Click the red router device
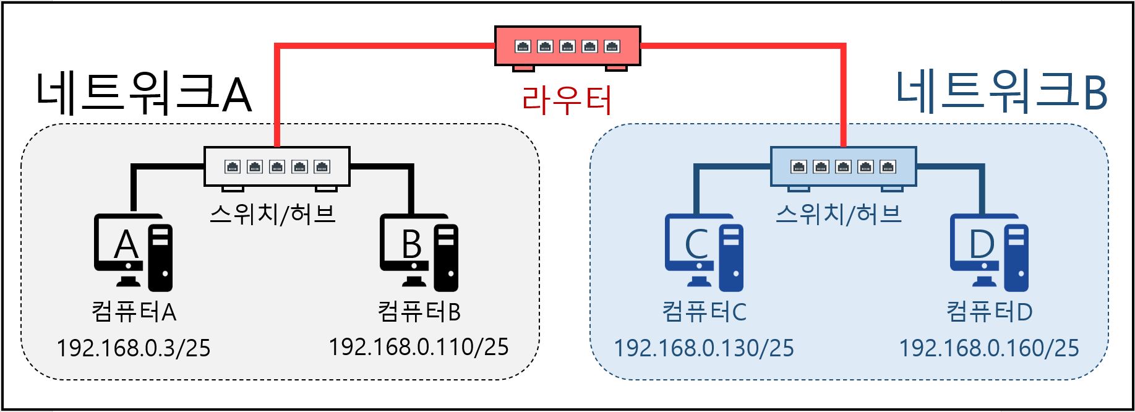coord(567,46)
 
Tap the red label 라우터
coord(567,100)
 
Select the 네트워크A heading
coord(143,93)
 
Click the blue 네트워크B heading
coord(1001,92)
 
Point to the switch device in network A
coord(277,166)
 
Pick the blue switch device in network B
coord(843,166)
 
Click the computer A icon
coord(133,252)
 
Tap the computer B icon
coord(419,252)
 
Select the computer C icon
coord(704,252)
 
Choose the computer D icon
coord(989,252)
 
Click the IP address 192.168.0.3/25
coord(134,348)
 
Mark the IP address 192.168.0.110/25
coord(419,347)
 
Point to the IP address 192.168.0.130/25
coord(704,348)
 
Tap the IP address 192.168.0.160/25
coord(989,348)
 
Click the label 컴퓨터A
coord(134,311)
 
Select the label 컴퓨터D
coord(989,311)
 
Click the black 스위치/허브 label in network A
coord(273,214)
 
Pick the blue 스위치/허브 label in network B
coord(839,214)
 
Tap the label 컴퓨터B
coord(419,311)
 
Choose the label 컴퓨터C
coord(704,311)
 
